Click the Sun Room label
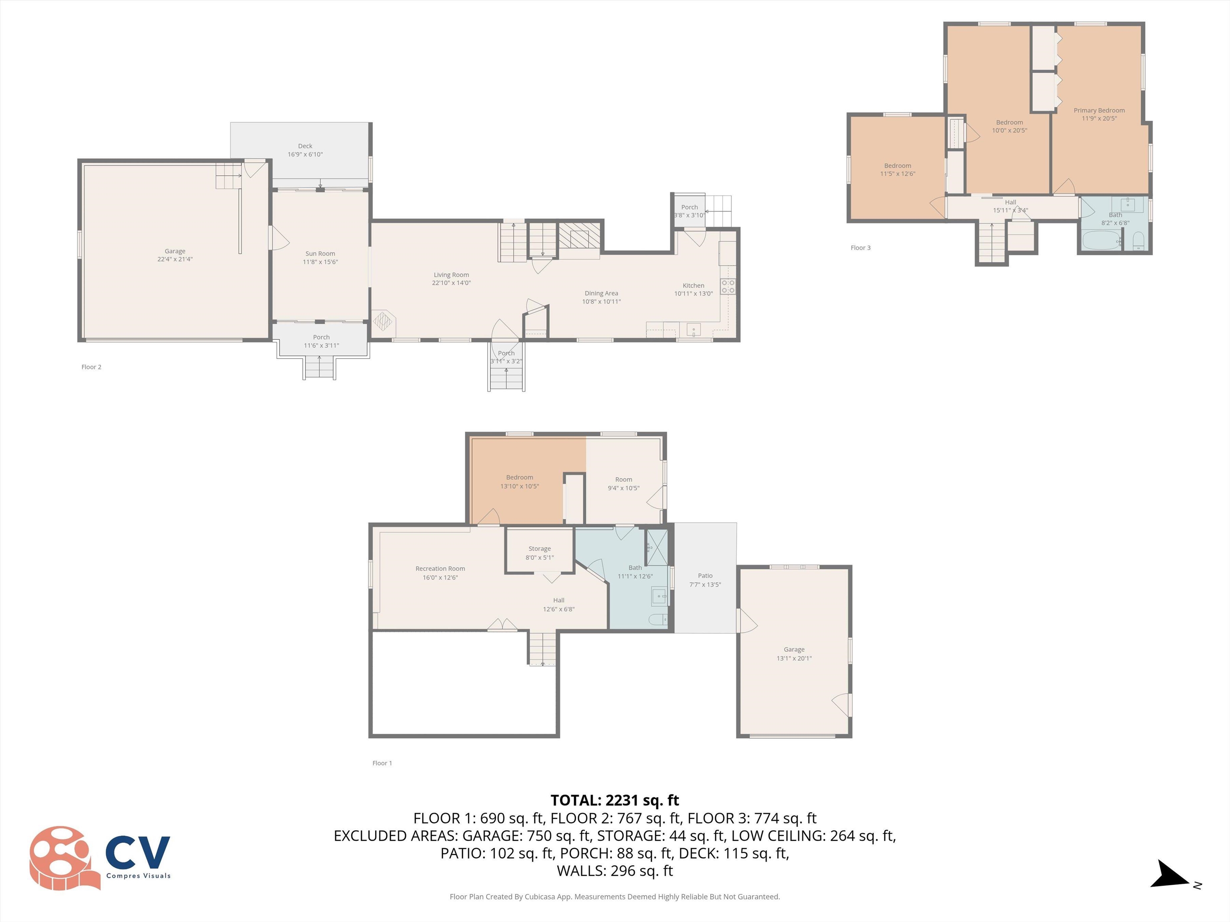[x=320, y=253]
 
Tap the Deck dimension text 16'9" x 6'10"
[x=305, y=154]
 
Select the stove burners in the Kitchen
[x=728, y=287]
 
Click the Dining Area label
[x=601, y=293]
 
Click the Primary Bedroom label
[x=1099, y=110]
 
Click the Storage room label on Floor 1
[x=539, y=549]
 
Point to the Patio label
[x=705, y=576]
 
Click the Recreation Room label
[x=440, y=569]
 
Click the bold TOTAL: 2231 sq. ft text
[x=615, y=800]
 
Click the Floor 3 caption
[x=860, y=248]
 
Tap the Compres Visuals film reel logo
[x=61, y=857]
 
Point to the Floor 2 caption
[x=91, y=367]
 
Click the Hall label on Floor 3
[x=1010, y=202]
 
